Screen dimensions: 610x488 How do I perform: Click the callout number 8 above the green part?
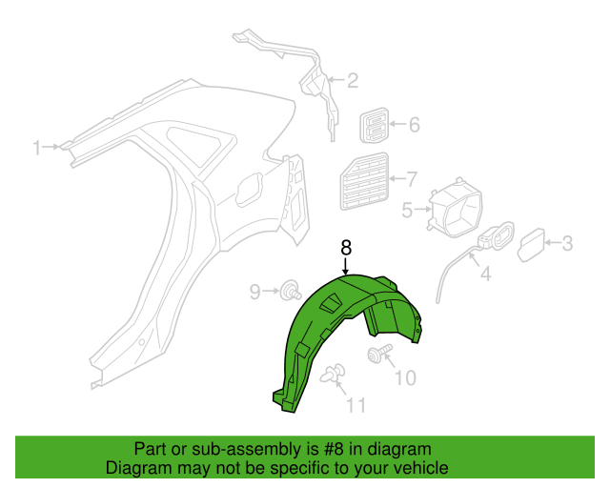click(x=346, y=248)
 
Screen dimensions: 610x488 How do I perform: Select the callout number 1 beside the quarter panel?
click(x=37, y=148)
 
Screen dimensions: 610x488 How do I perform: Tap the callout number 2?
click(x=352, y=80)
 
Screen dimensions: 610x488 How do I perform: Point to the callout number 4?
click(x=407, y=210)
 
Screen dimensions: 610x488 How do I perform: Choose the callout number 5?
click(x=415, y=125)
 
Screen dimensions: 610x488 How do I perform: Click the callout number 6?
click(x=412, y=179)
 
